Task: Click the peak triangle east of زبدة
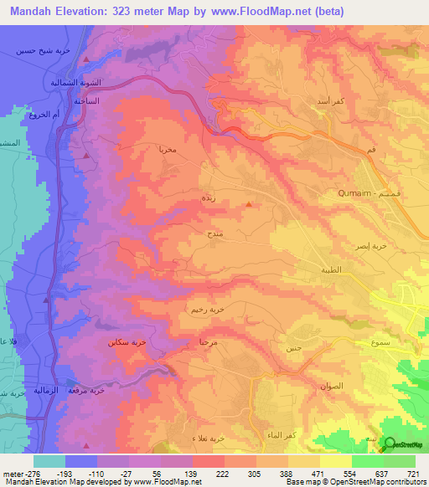(x=249, y=205)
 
